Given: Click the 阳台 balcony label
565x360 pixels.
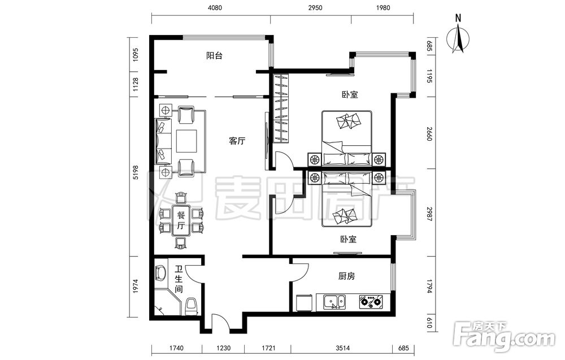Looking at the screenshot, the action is point(214,56).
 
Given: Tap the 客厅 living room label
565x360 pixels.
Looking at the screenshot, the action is point(237,141).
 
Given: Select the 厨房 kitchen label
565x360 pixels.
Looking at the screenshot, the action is point(347,276).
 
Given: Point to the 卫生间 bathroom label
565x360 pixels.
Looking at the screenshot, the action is point(179,279).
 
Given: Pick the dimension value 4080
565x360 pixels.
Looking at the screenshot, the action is point(215,7).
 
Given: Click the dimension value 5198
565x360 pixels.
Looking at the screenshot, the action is point(136,172).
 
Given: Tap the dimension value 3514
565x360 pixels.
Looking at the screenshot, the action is point(342,348).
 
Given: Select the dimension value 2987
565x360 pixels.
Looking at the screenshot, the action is point(429,214).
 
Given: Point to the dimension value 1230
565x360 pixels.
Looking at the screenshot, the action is point(223,348).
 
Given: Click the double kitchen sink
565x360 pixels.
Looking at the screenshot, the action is point(334,302).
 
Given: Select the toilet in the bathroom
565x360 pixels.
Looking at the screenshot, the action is point(192,306).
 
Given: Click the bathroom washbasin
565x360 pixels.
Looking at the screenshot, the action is point(160,274).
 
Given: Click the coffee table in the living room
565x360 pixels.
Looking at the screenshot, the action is point(186,141).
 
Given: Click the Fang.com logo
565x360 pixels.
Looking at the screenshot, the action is point(505,337).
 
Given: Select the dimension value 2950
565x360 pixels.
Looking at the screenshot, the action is point(315,7).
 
